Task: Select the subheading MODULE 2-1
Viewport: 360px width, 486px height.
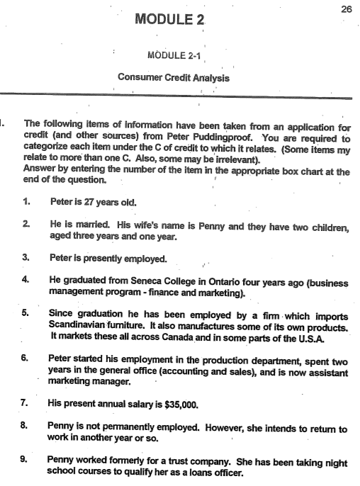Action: [x=170, y=55]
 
